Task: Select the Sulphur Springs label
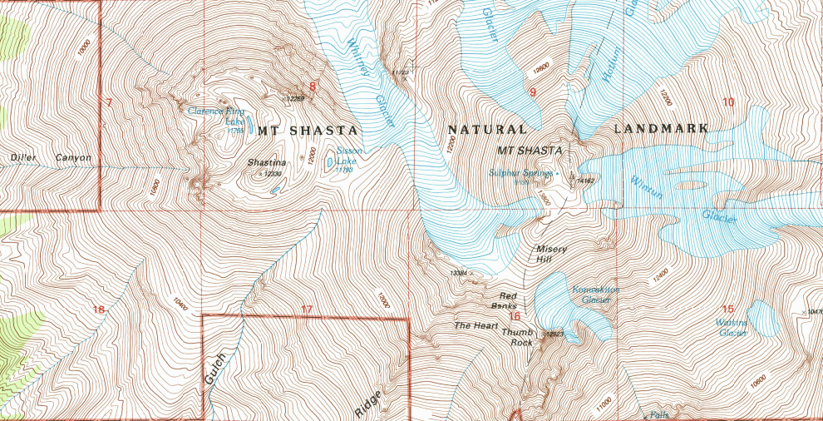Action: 521,173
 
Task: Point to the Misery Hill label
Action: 550,254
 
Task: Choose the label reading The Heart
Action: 474,325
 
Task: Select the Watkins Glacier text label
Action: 732,327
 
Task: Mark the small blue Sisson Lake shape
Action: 330,161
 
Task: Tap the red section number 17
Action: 307,311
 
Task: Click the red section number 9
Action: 532,92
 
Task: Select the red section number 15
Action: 728,310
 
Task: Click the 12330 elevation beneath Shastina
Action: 269,174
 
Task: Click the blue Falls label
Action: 660,414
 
